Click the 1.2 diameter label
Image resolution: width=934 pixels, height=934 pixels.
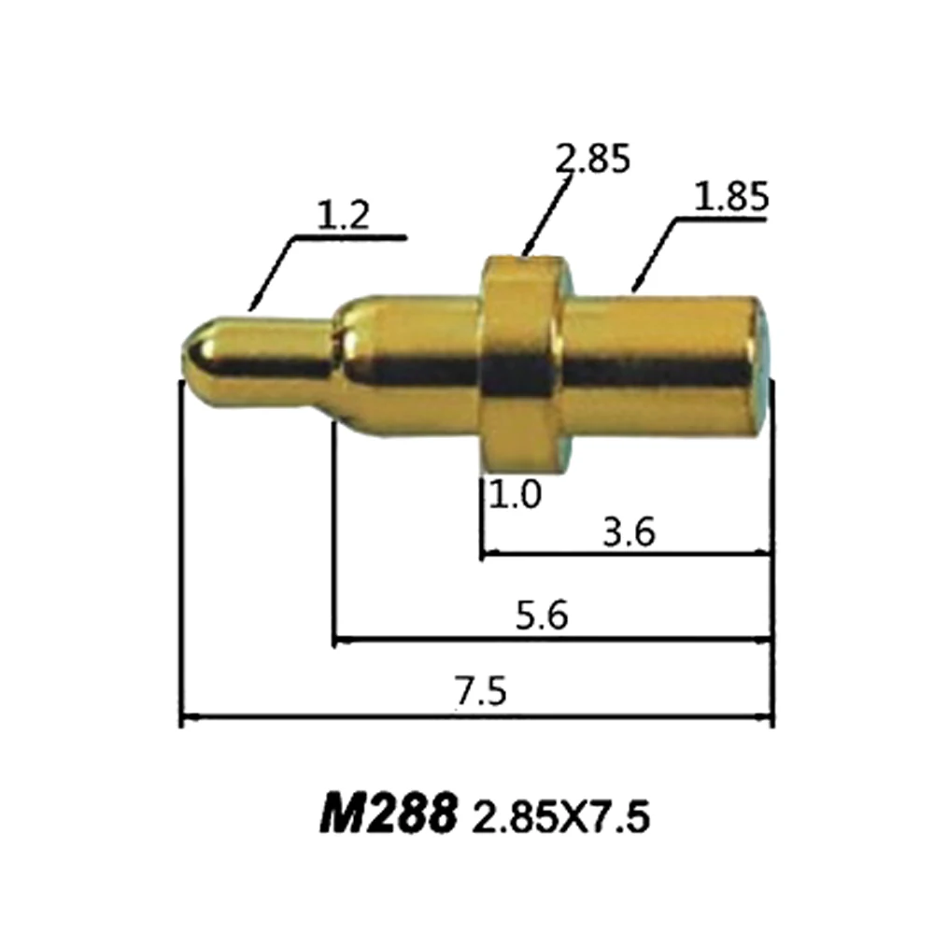tap(343, 217)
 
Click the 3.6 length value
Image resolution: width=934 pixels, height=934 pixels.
tap(630, 534)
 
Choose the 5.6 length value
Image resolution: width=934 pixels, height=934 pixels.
tap(542, 617)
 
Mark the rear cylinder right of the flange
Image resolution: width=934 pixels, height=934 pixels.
tap(663, 360)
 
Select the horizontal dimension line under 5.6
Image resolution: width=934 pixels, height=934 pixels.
tap(551, 642)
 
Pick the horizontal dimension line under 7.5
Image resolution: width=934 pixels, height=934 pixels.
tap(476, 718)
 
